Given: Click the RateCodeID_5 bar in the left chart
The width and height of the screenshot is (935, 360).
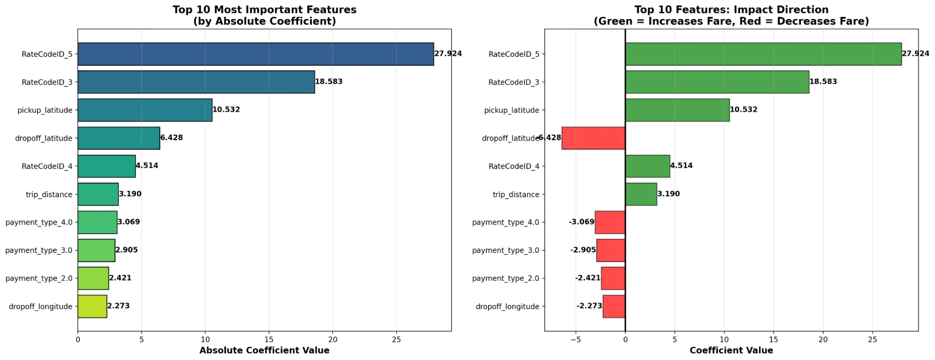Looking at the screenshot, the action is (256, 54).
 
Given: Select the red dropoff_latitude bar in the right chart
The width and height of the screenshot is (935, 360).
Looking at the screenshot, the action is (593, 138).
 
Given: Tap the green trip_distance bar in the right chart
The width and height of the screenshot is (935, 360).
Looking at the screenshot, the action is (641, 194).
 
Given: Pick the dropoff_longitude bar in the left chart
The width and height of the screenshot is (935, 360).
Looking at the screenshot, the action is (92, 306).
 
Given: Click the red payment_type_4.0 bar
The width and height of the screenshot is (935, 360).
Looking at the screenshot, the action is (610, 222).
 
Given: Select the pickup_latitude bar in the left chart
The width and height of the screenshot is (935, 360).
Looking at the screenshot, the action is (145, 110).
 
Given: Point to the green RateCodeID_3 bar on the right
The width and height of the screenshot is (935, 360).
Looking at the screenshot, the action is (717, 82).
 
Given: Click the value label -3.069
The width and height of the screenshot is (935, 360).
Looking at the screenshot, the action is (582, 222).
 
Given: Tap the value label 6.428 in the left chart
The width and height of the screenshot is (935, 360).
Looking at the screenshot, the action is (172, 137).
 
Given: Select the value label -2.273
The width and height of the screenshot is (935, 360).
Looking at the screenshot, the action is (590, 306).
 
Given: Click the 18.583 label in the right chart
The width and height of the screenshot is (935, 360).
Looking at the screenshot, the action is (823, 81).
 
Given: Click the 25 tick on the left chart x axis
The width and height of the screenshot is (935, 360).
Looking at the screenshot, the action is (396, 340).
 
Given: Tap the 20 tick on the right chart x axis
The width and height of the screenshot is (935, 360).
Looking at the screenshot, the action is (823, 340).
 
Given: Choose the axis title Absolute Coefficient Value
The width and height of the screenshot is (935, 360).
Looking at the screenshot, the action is (265, 351).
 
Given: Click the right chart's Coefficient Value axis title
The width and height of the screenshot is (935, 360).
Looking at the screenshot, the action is (732, 351).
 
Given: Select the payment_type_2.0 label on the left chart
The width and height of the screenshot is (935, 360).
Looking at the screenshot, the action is (39, 278).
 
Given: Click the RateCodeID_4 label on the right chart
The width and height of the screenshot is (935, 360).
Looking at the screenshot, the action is (514, 166).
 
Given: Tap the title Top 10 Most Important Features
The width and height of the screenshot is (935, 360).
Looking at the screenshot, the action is (265, 10).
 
